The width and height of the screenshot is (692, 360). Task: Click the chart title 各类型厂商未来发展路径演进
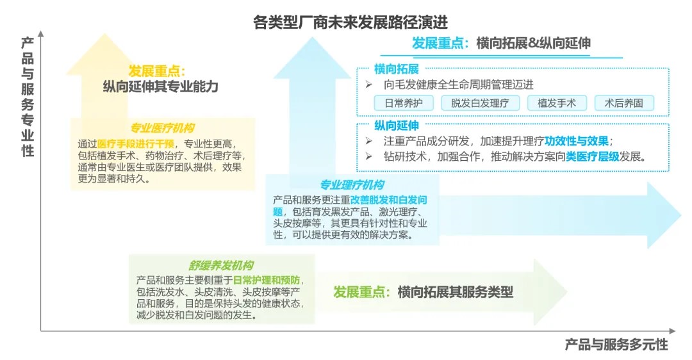tap(350, 22)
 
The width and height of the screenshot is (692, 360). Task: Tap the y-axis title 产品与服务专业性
tap(28, 97)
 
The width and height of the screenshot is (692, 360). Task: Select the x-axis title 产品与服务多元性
tap(616, 345)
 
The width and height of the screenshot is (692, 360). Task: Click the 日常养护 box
tap(404, 103)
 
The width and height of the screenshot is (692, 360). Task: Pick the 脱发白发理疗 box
tap(480, 103)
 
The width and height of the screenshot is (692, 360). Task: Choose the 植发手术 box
tap(557, 103)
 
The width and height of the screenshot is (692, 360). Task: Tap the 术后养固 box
tap(623, 103)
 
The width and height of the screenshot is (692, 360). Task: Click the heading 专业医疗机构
tap(162, 128)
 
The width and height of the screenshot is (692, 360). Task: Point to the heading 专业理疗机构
tap(352, 184)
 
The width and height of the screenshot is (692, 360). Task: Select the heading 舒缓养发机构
tap(220, 265)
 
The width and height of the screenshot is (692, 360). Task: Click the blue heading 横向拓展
tap(397, 69)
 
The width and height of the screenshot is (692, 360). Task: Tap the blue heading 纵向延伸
tap(397, 126)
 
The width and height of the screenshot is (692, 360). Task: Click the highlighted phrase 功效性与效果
tap(577, 141)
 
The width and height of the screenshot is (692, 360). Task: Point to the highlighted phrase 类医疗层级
tap(592, 156)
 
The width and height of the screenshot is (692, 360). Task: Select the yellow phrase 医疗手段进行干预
tap(135, 144)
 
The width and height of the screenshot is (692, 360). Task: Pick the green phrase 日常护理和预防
tap(266, 280)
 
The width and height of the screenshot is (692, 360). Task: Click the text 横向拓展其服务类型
tap(456, 292)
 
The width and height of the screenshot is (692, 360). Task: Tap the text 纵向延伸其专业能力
tap(161, 86)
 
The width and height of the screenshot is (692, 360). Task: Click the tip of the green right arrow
tap(566, 291)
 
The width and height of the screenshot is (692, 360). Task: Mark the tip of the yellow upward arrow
tap(104, 33)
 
